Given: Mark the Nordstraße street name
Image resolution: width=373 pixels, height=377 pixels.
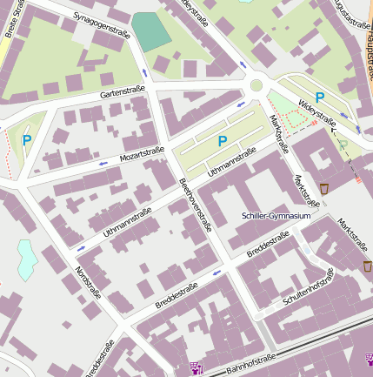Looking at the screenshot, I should click(88, 284).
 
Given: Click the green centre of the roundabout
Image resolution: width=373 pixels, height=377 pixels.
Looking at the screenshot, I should click(256, 85).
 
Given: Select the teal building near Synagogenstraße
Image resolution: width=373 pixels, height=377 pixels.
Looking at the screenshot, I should click(153, 31).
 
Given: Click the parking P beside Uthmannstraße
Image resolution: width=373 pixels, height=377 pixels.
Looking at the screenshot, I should click(223, 141).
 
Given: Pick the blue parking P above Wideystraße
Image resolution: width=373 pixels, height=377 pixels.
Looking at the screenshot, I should click(320, 98).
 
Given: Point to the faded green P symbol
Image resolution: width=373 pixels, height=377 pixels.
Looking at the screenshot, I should click(343, 145).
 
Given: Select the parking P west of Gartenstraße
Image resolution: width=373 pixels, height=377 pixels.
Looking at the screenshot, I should click(26, 139).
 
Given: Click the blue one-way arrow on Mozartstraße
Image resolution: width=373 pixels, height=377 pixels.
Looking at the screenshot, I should click(103, 163).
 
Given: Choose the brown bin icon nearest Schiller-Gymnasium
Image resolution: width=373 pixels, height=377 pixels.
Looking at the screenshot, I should click(323, 189).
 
